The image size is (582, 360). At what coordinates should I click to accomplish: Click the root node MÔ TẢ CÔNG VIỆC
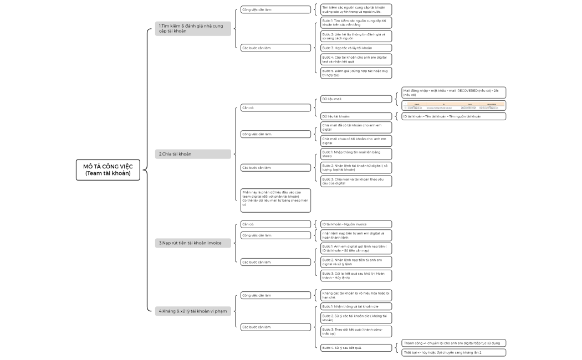108,169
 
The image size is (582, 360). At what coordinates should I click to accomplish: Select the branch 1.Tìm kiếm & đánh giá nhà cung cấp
193,29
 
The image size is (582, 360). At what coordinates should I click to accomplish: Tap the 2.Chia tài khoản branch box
193,154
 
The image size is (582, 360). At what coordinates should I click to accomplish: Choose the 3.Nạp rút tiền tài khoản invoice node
193,243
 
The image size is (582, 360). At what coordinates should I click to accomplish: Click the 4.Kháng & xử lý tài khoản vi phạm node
193,311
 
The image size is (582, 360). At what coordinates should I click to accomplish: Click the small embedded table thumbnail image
453,105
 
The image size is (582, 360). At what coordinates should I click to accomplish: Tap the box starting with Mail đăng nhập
453,92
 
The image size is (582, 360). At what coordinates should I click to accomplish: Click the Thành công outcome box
453,343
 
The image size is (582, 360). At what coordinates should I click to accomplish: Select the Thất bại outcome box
453,352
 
